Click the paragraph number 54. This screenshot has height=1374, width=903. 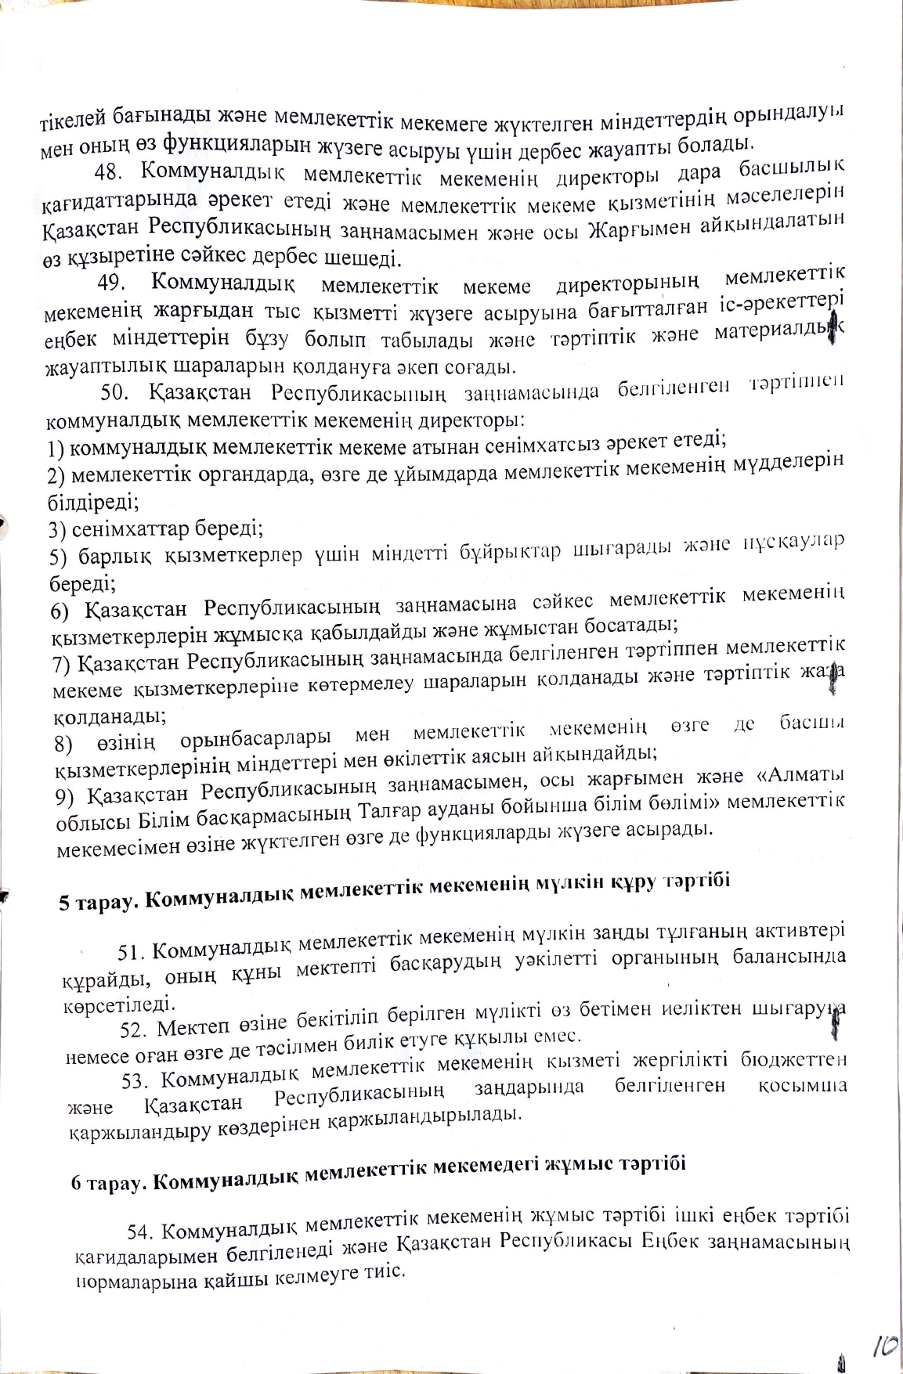point(142,1232)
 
